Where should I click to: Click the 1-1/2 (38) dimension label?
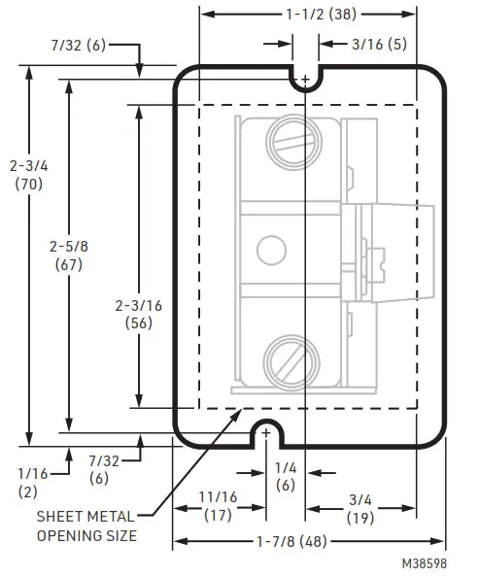pyautogui.click(x=307, y=15)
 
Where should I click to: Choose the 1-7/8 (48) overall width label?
pyautogui.click(x=308, y=540)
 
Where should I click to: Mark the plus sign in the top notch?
pyautogui.click(x=306, y=77)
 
